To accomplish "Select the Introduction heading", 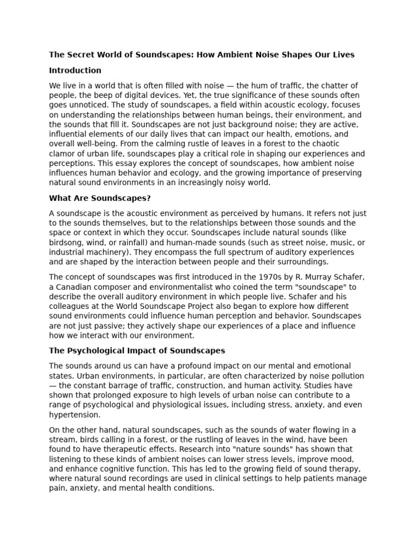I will point(75,70).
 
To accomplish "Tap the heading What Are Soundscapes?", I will point(100,198).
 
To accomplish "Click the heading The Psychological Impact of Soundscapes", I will point(137,351).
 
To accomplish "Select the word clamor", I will point(61,154).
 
